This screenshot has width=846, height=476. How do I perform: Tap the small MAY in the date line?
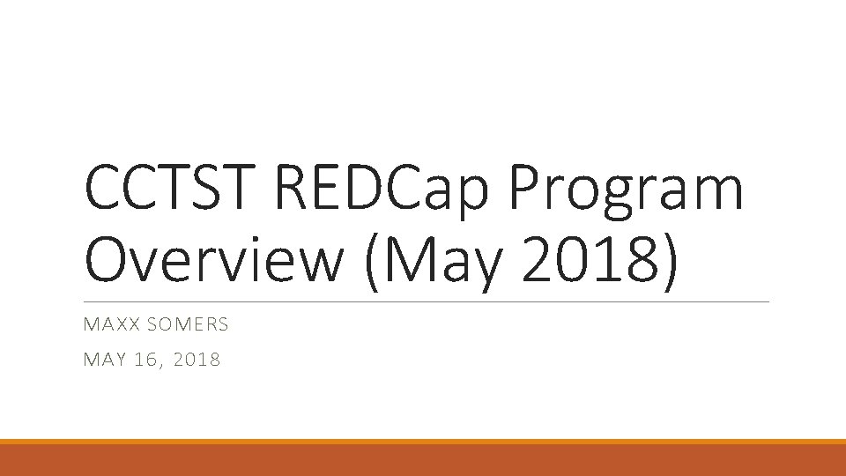[102, 359]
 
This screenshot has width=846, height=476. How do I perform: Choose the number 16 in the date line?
[147, 359]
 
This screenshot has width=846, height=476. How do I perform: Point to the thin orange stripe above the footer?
[423, 442]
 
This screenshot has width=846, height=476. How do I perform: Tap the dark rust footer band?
[423, 460]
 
